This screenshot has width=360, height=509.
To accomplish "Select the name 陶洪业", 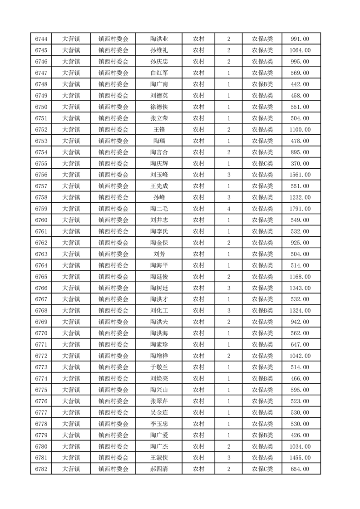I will tap(159, 39).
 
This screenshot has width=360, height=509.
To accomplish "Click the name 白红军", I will tap(159, 73).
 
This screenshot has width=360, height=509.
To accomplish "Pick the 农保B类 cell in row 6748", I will tap(262, 84).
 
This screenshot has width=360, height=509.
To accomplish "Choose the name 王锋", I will tap(159, 130).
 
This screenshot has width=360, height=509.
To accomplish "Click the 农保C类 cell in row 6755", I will tap(262, 163).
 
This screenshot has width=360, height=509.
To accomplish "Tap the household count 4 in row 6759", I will tap(228, 209).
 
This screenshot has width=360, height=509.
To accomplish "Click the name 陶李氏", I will tap(159, 231).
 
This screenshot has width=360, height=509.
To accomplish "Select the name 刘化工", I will tap(159, 311).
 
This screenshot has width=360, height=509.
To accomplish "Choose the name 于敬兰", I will tap(159, 367).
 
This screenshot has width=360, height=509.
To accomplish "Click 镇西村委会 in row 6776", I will tap(113, 401).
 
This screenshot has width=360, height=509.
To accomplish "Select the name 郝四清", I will tap(159, 469).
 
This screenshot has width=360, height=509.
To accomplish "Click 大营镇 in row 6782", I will tap(71, 469).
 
